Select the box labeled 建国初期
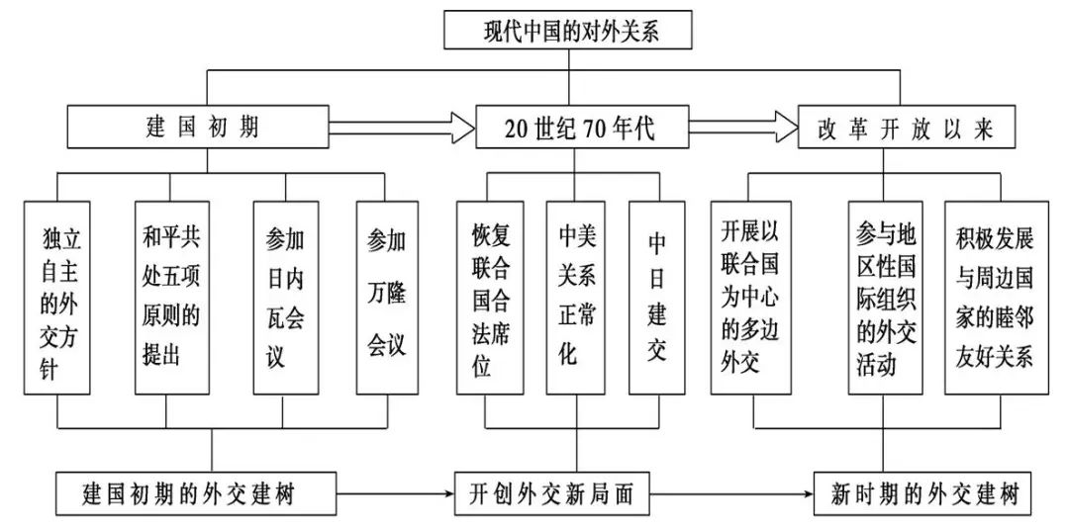[x=199, y=127]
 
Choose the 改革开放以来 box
[x=906, y=127]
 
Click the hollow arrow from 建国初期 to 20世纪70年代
[x=403, y=127]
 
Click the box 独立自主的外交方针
[x=57, y=298]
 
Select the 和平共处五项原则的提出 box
[x=168, y=298]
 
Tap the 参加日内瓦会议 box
[x=286, y=298]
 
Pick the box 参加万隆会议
[x=387, y=298]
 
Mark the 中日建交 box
[x=656, y=298]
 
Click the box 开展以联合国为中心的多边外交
[x=750, y=298]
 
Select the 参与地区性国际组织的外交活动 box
[x=886, y=298]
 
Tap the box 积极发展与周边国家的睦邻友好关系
[x=996, y=298]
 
